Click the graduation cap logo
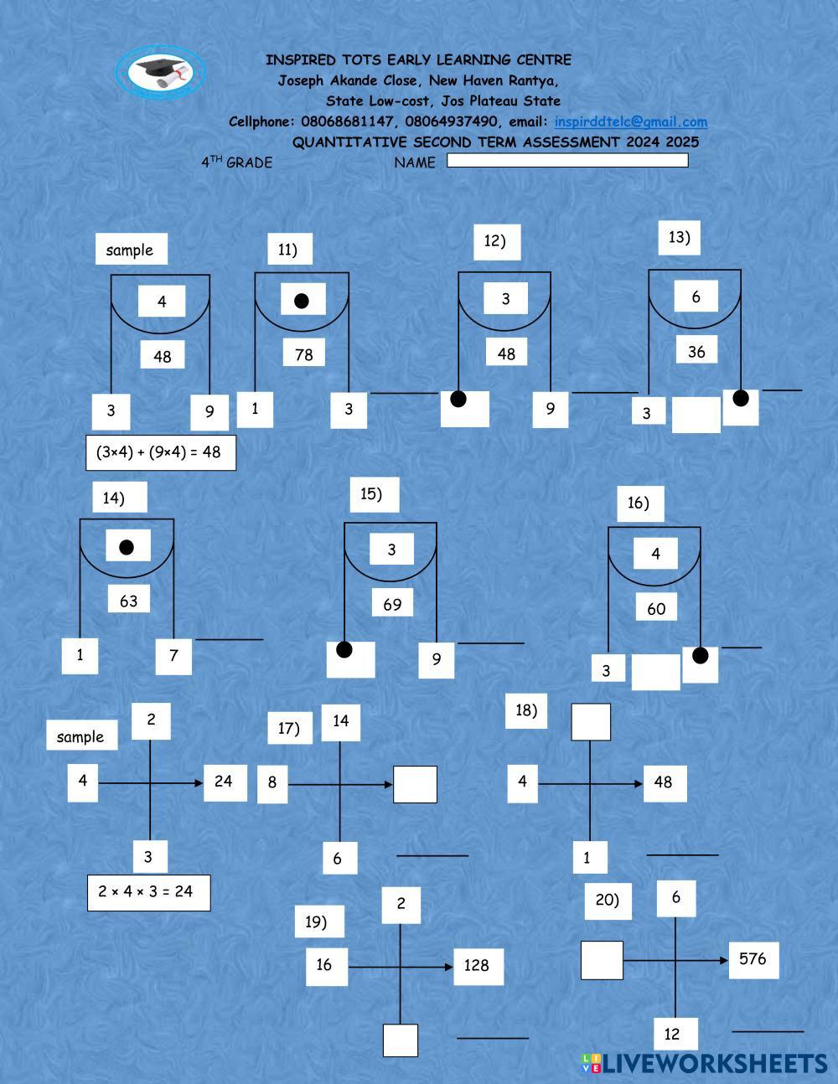click(x=160, y=71)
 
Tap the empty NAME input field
click(x=567, y=160)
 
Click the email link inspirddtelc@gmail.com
click(x=630, y=121)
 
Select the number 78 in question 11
click(x=303, y=354)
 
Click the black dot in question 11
click(x=303, y=300)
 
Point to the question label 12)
click(x=495, y=241)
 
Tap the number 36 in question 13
click(x=696, y=352)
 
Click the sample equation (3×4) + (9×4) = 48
click(x=160, y=452)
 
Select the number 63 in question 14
click(x=128, y=601)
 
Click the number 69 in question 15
click(x=392, y=603)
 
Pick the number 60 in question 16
click(x=656, y=609)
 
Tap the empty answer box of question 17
click(x=415, y=785)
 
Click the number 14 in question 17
click(x=340, y=721)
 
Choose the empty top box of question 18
click(x=591, y=722)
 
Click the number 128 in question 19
click(x=477, y=965)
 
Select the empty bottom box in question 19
click(x=401, y=1040)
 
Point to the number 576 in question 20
click(x=753, y=959)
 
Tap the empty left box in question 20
click(x=602, y=960)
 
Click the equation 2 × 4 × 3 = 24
click(x=148, y=892)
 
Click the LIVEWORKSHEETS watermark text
click(x=714, y=1064)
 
